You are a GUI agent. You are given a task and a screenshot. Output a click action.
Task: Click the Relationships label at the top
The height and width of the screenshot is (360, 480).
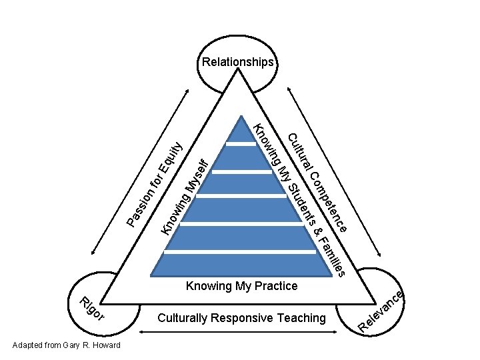coord(238,63)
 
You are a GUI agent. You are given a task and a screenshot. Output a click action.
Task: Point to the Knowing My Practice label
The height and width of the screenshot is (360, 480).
coord(241,286)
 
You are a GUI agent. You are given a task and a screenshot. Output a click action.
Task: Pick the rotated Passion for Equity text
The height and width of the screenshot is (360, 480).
coord(154,181)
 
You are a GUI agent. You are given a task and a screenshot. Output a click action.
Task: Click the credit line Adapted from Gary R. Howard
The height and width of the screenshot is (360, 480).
coord(67,345)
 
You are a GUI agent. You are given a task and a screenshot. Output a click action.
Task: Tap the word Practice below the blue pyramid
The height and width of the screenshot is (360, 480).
coord(276,286)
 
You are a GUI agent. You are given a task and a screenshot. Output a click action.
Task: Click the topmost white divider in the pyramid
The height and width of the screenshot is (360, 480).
coord(241,143)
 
